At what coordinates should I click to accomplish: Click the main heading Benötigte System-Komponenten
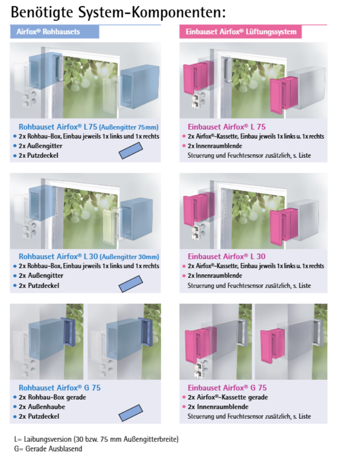(x=118, y=13)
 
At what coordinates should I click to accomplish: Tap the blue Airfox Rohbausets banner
(x=55, y=32)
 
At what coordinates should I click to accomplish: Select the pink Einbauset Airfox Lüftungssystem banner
(x=240, y=32)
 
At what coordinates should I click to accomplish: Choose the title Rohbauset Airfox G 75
(x=60, y=388)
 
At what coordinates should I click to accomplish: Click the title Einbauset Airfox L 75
(x=226, y=127)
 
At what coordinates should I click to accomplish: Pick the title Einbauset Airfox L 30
(x=226, y=257)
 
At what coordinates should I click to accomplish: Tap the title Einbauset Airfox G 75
(x=227, y=388)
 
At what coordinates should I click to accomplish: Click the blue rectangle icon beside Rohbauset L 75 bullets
(x=131, y=151)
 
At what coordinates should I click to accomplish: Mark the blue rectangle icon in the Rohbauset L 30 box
(x=131, y=284)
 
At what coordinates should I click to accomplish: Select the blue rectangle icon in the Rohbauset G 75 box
(x=131, y=413)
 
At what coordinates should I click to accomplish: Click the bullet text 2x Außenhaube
(x=42, y=407)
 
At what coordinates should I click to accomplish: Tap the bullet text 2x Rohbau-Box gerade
(x=52, y=397)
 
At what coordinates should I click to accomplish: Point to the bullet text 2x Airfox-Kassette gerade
(x=228, y=397)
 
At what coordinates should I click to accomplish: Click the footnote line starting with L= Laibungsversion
(x=96, y=440)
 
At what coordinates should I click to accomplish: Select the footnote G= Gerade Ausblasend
(x=48, y=449)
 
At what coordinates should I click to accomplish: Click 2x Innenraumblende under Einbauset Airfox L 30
(x=215, y=276)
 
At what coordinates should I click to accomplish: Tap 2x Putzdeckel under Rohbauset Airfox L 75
(x=38, y=156)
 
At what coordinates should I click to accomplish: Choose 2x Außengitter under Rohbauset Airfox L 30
(x=41, y=276)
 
